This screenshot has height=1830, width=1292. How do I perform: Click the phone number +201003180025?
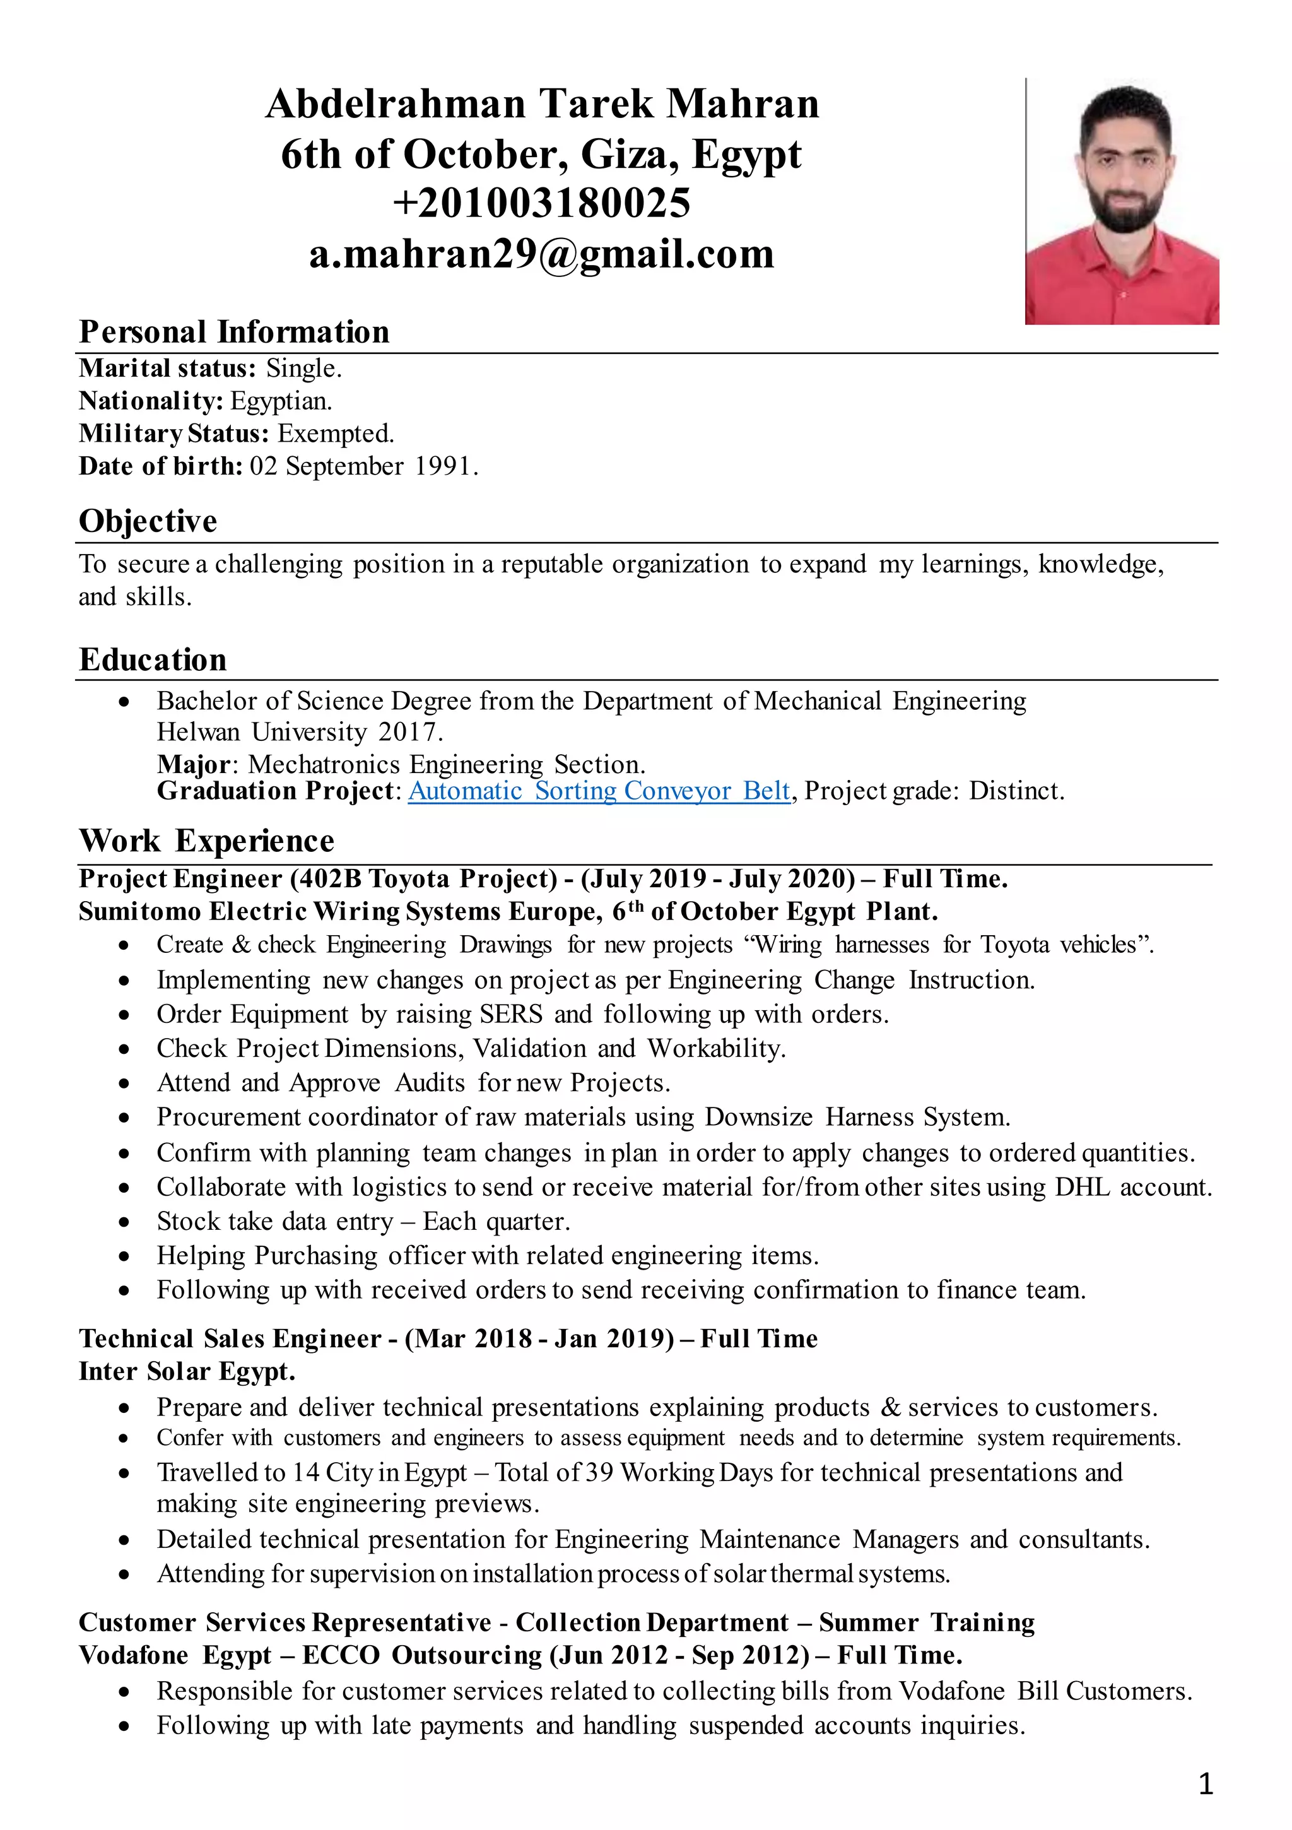pos(541,203)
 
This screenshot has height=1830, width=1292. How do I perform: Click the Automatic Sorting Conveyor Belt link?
pos(599,791)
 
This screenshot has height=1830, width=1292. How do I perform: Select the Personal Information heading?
pos(233,331)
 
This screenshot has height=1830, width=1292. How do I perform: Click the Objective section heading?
pos(148,521)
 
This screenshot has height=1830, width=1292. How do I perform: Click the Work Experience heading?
pos(206,841)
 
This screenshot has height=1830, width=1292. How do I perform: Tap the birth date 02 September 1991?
pos(363,466)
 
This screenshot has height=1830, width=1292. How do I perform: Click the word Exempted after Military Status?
pos(335,434)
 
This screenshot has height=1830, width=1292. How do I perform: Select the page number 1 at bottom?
pos(1205,1784)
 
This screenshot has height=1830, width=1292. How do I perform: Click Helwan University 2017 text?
pos(299,731)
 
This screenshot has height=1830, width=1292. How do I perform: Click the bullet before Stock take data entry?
pos(124,1222)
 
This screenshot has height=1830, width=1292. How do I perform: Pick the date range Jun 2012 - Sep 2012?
pos(680,1655)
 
